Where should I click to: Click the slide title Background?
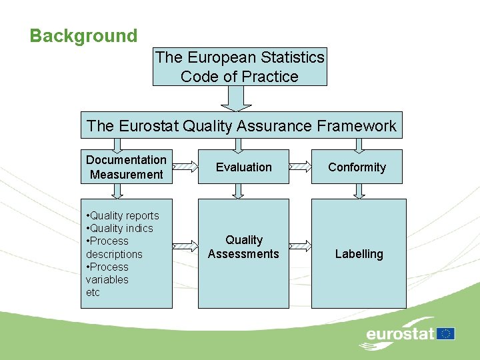83,36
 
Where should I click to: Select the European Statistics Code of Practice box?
240,67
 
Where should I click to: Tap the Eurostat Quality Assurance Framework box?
241,125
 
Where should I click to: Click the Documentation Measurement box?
126,167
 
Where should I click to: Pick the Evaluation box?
243,167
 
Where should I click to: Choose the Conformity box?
357,167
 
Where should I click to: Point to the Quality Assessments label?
243,247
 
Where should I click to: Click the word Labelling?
359,254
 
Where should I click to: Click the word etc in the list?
93,292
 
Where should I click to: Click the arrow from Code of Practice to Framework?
233,98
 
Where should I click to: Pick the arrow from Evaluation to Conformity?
301,167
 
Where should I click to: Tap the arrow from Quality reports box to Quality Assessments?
185,247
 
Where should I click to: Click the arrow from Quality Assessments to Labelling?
301,247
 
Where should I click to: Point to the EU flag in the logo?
446,333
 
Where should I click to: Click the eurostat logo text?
400,334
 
